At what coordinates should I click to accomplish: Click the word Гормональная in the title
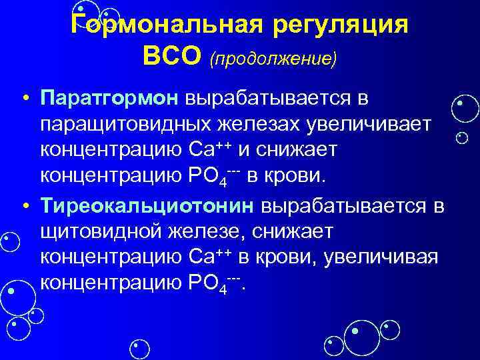(160, 27)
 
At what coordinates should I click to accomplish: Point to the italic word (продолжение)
(273, 59)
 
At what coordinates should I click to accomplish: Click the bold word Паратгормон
(109, 99)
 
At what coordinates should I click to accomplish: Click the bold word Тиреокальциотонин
(146, 206)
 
